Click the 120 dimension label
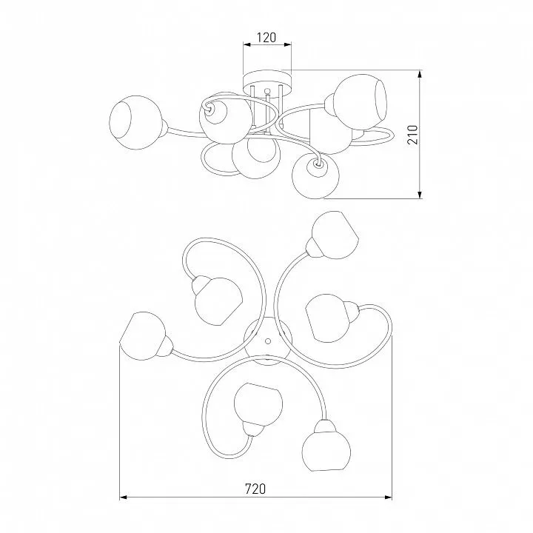(x=266, y=38)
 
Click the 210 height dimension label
(x=412, y=135)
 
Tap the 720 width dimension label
(x=255, y=489)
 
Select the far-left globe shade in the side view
(x=135, y=122)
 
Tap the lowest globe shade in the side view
(x=315, y=175)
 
